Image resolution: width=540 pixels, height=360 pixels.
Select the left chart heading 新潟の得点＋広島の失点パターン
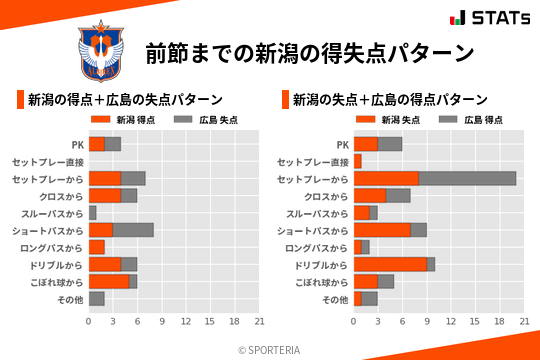(125, 100)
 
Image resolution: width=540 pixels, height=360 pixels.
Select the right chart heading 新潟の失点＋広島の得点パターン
(390, 100)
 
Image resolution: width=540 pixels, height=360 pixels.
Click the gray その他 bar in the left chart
(97, 298)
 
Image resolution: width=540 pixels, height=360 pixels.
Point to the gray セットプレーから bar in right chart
(467, 178)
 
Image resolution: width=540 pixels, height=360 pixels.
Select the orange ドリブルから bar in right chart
(390, 264)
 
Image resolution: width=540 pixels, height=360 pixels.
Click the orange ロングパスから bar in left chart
(97, 247)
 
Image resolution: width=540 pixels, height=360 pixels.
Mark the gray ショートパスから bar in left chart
(133, 230)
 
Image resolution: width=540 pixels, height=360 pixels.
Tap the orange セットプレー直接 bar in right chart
(357, 161)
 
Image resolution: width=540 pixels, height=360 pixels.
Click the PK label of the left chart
(77, 144)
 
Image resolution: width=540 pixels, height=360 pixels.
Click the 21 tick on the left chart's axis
(259, 321)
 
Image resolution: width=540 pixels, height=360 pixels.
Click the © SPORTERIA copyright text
(270, 349)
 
